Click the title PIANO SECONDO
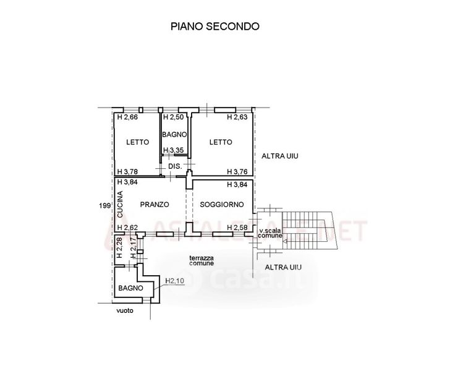tap(214, 27)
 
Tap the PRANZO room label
tap(154, 204)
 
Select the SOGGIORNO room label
tap(222, 204)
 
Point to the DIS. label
tap(174, 166)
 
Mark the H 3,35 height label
tap(174, 150)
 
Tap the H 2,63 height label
tap(237, 117)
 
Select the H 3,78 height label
tap(127, 172)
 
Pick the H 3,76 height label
tap(237, 172)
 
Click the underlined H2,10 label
tap(175, 281)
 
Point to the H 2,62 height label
tap(127, 228)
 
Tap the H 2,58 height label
tap(237, 228)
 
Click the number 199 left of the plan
tap(105, 205)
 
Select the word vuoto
tap(124, 311)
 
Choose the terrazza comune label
tap(202, 260)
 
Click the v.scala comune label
tap(271, 233)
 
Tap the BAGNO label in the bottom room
tap(131, 288)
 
